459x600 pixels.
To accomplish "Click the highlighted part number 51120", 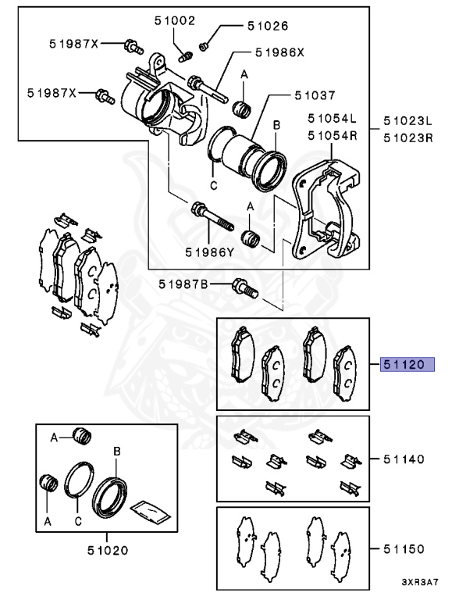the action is tap(407, 364).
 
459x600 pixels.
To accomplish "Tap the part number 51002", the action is tap(175, 20).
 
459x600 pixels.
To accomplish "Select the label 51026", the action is tap(268, 26).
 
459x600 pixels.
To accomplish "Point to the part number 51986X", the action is tap(279, 52).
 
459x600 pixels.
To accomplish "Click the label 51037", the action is tap(315, 95).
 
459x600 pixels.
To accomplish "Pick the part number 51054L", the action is tap(332, 119).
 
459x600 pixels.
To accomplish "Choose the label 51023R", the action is tap(408, 137).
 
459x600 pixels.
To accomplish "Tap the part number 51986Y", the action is tap(210, 252).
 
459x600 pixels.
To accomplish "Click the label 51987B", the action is tap(183, 284).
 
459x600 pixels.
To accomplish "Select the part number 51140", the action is tap(404, 459).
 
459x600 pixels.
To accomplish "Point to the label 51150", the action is tap(404, 549).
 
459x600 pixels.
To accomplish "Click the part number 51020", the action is tap(108, 550).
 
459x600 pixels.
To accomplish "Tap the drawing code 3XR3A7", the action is tap(420, 582).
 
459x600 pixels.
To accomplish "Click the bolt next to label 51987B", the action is tap(245, 288).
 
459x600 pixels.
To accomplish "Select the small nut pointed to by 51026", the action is tap(204, 46).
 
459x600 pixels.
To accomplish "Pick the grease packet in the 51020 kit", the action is tap(150, 512).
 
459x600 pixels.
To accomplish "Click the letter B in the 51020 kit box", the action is tap(117, 452).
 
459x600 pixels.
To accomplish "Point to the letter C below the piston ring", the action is tap(213, 186).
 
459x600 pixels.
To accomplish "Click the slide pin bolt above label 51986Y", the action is tap(212, 216).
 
